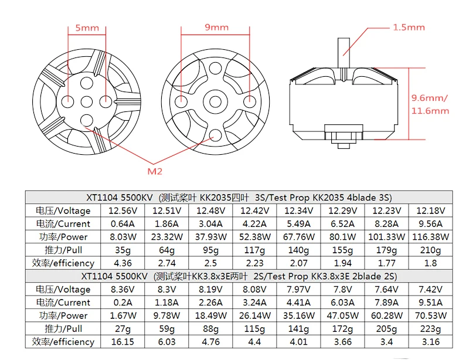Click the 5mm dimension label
pyautogui.click(x=87, y=28)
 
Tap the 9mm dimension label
pyautogui.click(x=216, y=27)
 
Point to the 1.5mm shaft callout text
pyautogui.click(x=409, y=28)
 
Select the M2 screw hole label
pyautogui.click(x=155, y=171)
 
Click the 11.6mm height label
pyautogui.click(x=430, y=111)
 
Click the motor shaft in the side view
pyautogui.click(x=344, y=53)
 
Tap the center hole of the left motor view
pyautogui.click(x=87, y=102)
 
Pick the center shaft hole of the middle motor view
pyautogui.click(x=215, y=102)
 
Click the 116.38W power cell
pyautogui.click(x=430, y=237)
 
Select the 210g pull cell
pyautogui.click(x=430, y=250)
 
